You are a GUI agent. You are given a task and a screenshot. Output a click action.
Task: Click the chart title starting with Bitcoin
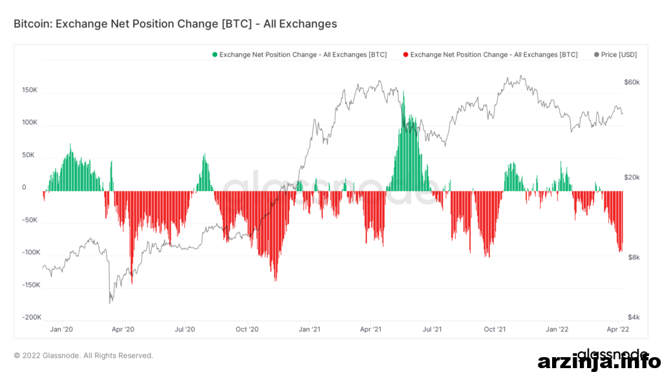pos(175,24)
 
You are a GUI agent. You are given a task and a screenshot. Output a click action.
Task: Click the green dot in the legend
pos(215,54)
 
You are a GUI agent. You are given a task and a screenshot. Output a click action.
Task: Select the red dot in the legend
pos(406,54)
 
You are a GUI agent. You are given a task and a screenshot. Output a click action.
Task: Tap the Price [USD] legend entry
pos(615,54)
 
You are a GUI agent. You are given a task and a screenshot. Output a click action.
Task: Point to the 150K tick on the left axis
pos(30,90)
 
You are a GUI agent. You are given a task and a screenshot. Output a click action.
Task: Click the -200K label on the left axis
pos(32,317)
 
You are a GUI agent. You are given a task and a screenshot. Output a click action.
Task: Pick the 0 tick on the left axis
pos(24,187)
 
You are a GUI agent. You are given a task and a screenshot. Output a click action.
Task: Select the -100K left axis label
pos(32,253)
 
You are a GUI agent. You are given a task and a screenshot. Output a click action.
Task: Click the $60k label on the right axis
pos(632,82)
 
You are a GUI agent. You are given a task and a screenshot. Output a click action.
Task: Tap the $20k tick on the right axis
pos(632,177)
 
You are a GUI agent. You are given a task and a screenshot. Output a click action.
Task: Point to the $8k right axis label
pos(634,257)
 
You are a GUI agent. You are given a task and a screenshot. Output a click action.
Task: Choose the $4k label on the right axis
pos(634,317)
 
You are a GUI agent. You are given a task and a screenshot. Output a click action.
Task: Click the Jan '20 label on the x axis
pos(61,329)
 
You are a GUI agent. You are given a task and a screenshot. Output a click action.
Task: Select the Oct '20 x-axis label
pos(247,329)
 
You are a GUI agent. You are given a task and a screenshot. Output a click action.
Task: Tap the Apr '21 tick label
pos(370,329)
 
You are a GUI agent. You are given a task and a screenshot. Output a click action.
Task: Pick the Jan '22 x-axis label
pos(557,329)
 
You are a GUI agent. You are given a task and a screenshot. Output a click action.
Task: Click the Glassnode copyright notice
pos(83,356)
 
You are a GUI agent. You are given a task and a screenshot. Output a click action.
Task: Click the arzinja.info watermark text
pos(599,362)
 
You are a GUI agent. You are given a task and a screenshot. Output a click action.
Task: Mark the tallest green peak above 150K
pos(403,92)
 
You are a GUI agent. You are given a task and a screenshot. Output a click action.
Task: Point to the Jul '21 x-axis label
pos(432,329)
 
